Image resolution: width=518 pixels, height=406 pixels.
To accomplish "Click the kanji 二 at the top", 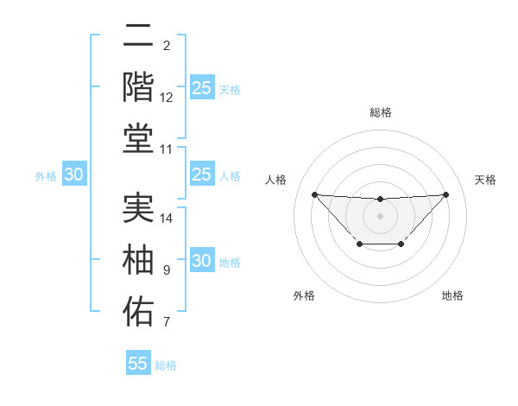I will [x=138, y=36].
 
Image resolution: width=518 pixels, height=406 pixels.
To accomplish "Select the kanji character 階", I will [x=138, y=86].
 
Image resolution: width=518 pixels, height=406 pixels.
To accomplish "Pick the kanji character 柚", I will [x=138, y=259].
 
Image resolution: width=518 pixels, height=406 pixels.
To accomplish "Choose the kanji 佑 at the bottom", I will [x=138, y=310].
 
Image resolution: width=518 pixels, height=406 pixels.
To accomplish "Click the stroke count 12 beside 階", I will [x=167, y=98].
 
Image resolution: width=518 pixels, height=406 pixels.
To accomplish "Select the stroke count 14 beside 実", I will [x=167, y=219].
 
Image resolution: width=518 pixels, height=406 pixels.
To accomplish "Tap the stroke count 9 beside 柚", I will [x=166, y=270].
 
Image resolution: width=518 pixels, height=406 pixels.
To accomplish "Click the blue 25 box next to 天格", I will [x=202, y=88].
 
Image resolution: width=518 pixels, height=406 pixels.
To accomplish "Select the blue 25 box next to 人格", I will [x=202, y=175].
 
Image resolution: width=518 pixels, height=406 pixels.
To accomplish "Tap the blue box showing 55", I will [x=138, y=364].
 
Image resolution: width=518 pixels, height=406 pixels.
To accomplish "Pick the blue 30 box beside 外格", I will [x=74, y=175].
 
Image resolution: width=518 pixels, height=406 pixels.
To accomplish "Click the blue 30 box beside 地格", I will [x=202, y=262].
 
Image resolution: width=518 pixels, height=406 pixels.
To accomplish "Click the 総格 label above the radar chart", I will [x=380, y=112].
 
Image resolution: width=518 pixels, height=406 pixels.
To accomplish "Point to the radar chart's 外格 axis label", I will [x=304, y=296].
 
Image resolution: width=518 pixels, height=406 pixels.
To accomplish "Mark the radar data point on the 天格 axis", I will [x=445, y=194].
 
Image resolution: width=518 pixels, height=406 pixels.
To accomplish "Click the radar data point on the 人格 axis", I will [x=314, y=194].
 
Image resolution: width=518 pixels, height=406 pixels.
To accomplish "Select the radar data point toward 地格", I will [x=401, y=244].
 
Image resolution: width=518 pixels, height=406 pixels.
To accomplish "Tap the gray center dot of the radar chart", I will [x=380, y=215].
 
